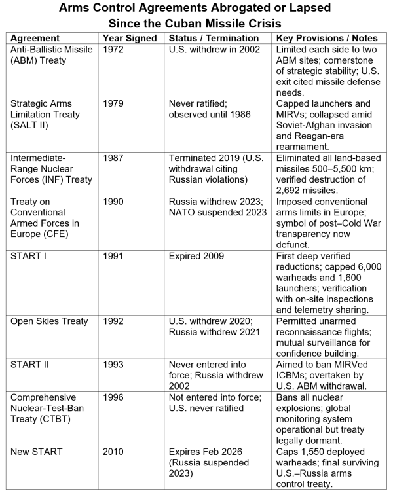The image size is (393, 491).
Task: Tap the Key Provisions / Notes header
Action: [x=326, y=38]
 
